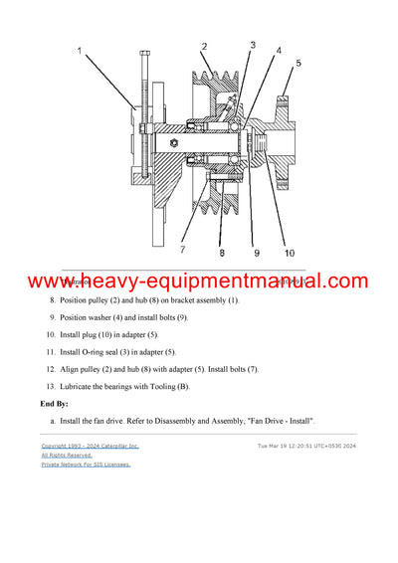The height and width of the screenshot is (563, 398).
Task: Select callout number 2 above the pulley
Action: coord(203,47)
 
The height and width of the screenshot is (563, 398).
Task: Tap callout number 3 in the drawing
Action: coord(253,45)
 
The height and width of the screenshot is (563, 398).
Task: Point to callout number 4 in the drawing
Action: coord(278,50)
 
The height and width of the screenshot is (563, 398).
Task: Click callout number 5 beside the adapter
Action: coord(297,64)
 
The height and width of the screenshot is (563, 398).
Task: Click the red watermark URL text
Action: coord(199,283)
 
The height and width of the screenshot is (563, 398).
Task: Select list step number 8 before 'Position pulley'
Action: coord(53,300)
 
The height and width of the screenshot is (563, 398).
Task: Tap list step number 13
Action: coord(51,385)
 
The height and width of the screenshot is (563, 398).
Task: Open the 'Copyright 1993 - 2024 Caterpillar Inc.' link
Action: coord(90,447)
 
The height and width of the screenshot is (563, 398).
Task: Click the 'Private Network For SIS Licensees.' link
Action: coord(86,464)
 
